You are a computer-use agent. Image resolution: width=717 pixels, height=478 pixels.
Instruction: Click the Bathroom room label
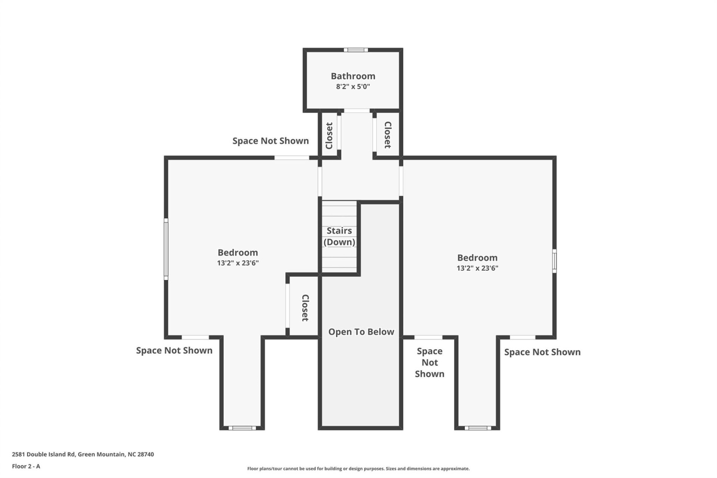click(353, 76)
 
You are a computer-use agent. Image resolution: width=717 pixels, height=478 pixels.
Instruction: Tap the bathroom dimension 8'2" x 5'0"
click(353, 87)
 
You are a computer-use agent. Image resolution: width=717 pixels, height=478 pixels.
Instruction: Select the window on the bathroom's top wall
click(356, 50)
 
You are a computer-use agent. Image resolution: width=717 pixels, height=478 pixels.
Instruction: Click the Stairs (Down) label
click(339, 236)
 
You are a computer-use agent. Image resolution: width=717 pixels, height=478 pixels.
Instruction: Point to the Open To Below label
click(361, 332)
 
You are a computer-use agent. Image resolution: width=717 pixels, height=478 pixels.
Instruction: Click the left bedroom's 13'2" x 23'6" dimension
click(238, 263)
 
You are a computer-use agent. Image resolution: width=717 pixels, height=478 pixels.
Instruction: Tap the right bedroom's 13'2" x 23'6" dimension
click(477, 268)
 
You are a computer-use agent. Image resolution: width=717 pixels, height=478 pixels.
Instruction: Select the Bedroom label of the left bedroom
click(238, 253)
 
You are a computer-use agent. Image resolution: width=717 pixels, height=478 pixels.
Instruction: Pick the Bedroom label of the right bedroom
click(477, 258)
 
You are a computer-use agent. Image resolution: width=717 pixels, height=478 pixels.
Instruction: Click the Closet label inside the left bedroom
click(305, 308)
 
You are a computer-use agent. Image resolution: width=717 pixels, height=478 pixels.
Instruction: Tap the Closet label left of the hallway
click(329, 136)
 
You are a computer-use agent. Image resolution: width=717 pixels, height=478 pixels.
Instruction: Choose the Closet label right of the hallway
click(388, 135)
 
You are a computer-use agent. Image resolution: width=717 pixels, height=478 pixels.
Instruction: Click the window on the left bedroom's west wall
click(166, 249)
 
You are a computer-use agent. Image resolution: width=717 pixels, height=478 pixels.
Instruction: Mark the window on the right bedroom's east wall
click(554, 261)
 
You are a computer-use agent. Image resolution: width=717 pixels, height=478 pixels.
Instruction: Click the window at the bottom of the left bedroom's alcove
click(242, 428)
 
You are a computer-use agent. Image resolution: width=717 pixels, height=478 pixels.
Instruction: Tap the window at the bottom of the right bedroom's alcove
click(478, 428)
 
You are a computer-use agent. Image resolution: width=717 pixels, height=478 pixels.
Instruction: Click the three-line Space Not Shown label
click(429, 363)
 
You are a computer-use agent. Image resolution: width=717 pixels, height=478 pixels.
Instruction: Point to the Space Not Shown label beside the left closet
click(270, 141)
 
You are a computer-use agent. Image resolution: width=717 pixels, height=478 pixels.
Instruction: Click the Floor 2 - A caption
click(26, 466)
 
